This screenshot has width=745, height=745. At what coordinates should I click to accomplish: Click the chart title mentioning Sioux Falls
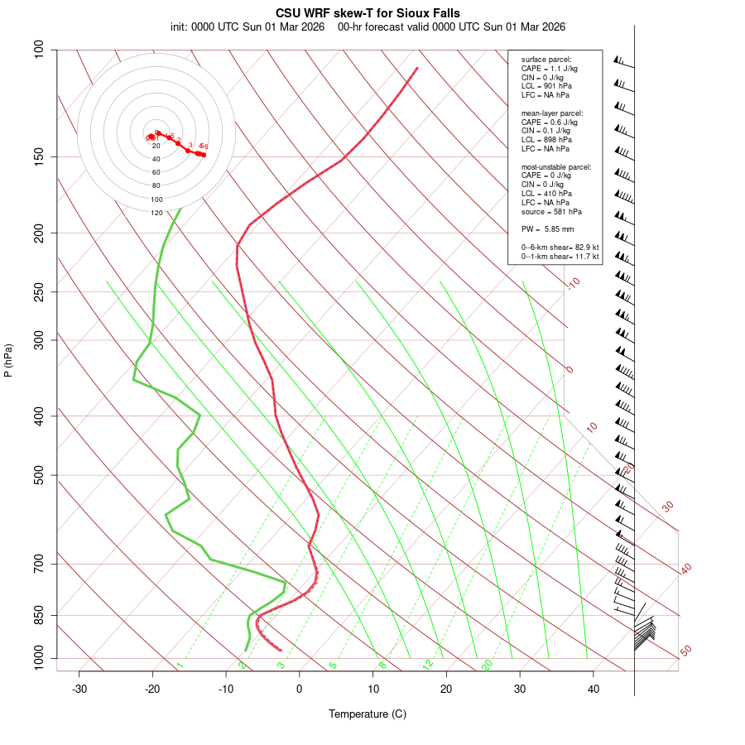click(368, 13)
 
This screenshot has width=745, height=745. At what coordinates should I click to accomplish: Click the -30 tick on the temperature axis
click(79, 689)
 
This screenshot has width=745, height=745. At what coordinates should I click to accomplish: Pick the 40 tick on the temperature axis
click(594, 689)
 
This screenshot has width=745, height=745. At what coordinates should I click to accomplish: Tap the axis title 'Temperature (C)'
click(368, 714)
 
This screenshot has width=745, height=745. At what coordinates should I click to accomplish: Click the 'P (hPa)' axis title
click(8, 360)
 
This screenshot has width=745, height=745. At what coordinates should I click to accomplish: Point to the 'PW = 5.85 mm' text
click(547, 229)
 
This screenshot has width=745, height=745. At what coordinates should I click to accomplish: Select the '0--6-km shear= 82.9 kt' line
click(560, 248)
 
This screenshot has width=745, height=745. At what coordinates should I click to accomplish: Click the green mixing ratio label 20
click(488, 664)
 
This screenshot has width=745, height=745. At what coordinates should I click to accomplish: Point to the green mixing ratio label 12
click(428, 664)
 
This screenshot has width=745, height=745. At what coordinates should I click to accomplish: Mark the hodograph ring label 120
click(156, 213)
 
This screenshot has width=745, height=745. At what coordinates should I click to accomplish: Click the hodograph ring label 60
click(156, 172)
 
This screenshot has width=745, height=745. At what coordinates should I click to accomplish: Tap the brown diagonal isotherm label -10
click(572, 283)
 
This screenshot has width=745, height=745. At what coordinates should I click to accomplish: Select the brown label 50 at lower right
click(685, 651)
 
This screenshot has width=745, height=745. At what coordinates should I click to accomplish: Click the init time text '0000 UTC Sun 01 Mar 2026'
click(258, 26)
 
